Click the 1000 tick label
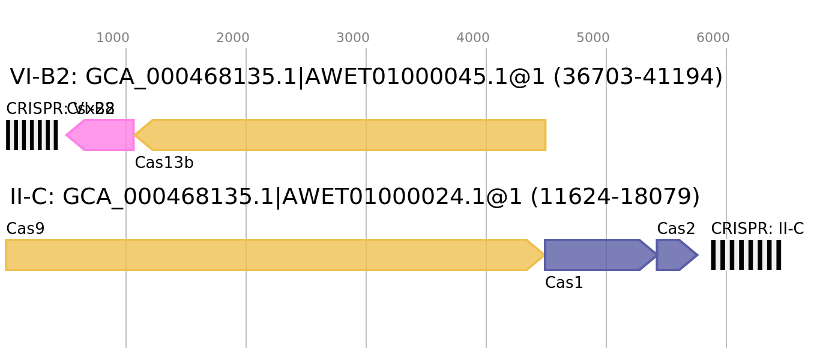tap(112, 38)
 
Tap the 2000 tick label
tap(232, 38)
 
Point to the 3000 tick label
tap(352, 38)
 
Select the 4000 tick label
tap(472, 38)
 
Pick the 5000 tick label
tap(592, 38)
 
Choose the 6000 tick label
tap(713, 38)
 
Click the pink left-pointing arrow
tap(102, 135)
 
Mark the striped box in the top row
tap(32, 135)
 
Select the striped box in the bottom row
tap(746, 255)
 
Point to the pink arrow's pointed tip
tap(66, 135)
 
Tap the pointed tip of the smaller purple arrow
tap(698, 255)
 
